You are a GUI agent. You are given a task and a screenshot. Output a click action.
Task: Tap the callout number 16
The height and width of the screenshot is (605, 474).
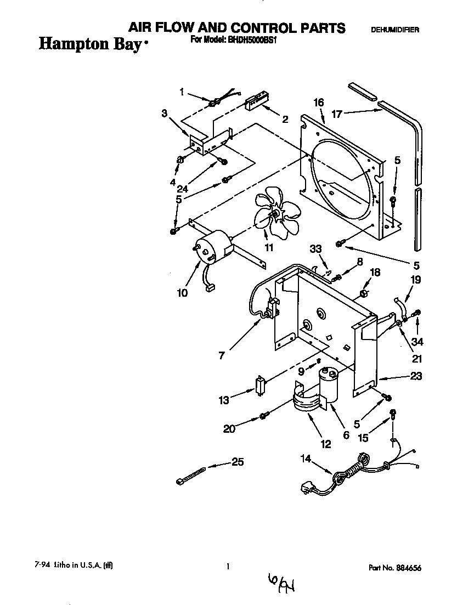[318, 103]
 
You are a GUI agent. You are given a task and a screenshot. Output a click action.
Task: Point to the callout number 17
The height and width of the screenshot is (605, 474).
[337, 114]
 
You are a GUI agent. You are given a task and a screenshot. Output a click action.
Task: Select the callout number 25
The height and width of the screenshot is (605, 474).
[237, 462]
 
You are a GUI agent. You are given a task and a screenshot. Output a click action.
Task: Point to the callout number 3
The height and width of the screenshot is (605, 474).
[164, 114]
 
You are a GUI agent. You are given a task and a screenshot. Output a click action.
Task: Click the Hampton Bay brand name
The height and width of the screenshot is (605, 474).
[91, 44]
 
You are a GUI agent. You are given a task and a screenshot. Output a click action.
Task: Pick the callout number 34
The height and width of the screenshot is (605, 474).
[417, 341]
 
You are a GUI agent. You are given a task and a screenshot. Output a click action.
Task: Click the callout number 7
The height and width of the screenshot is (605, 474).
[221, 356]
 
